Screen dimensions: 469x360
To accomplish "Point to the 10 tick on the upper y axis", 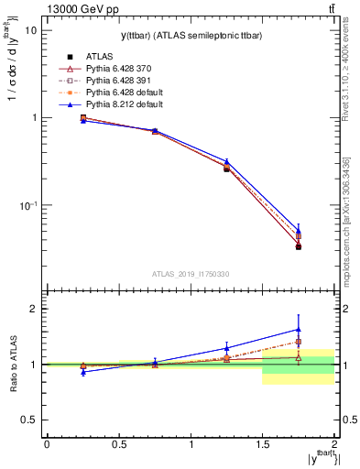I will [30, 30].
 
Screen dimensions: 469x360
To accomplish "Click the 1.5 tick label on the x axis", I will [263, 443].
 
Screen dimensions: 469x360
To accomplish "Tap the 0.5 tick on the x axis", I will [118, 443].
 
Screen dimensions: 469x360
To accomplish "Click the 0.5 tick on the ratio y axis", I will [29, 420].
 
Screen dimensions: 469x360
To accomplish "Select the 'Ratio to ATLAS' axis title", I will [11, 367].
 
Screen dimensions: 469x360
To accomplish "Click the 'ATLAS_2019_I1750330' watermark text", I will [190, 273].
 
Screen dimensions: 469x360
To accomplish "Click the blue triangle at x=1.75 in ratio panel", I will [299, 329].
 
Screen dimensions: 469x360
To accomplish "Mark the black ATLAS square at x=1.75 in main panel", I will [299, 246].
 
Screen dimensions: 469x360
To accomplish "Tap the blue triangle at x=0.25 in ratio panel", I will [83, 372].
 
